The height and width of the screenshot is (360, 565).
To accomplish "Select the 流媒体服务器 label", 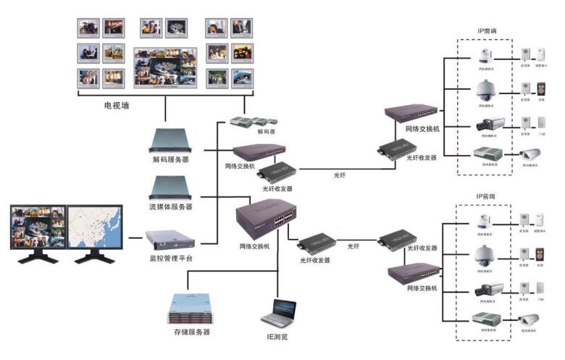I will pos(170,207).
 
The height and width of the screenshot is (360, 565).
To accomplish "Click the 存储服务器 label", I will pos(191,332).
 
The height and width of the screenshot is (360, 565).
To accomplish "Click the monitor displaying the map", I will pos(90,225).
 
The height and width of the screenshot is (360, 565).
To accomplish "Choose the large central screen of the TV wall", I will pos(166,67).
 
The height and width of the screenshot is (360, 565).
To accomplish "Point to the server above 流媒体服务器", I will pos(170,188).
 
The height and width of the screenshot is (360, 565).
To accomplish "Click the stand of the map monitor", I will pos(90,255).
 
